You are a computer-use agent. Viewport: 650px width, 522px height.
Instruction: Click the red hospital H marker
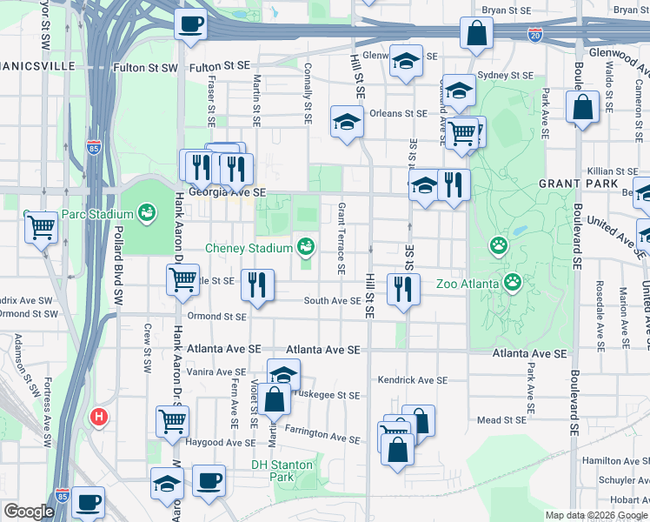point(99,418)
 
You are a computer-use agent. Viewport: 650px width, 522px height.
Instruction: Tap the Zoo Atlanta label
point(468,284)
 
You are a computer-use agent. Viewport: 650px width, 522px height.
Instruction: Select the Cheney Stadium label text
point(249,248)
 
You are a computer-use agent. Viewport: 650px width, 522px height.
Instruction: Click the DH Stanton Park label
point(282,471)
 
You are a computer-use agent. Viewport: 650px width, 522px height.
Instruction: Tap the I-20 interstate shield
point(534,35)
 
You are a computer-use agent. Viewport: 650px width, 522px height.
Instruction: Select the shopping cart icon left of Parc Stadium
point(42,228)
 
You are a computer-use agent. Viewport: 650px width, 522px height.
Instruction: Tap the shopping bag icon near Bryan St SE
point(477,34)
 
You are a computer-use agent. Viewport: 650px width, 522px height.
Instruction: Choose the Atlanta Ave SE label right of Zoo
point(529,354)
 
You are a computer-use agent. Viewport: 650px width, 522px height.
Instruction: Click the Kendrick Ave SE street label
point(412,380)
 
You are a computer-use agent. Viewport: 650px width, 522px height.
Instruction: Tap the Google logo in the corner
point(29,512)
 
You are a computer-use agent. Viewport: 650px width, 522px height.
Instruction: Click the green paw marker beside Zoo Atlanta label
point(513,282)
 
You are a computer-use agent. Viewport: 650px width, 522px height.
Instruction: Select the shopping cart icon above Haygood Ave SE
point(172,420)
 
